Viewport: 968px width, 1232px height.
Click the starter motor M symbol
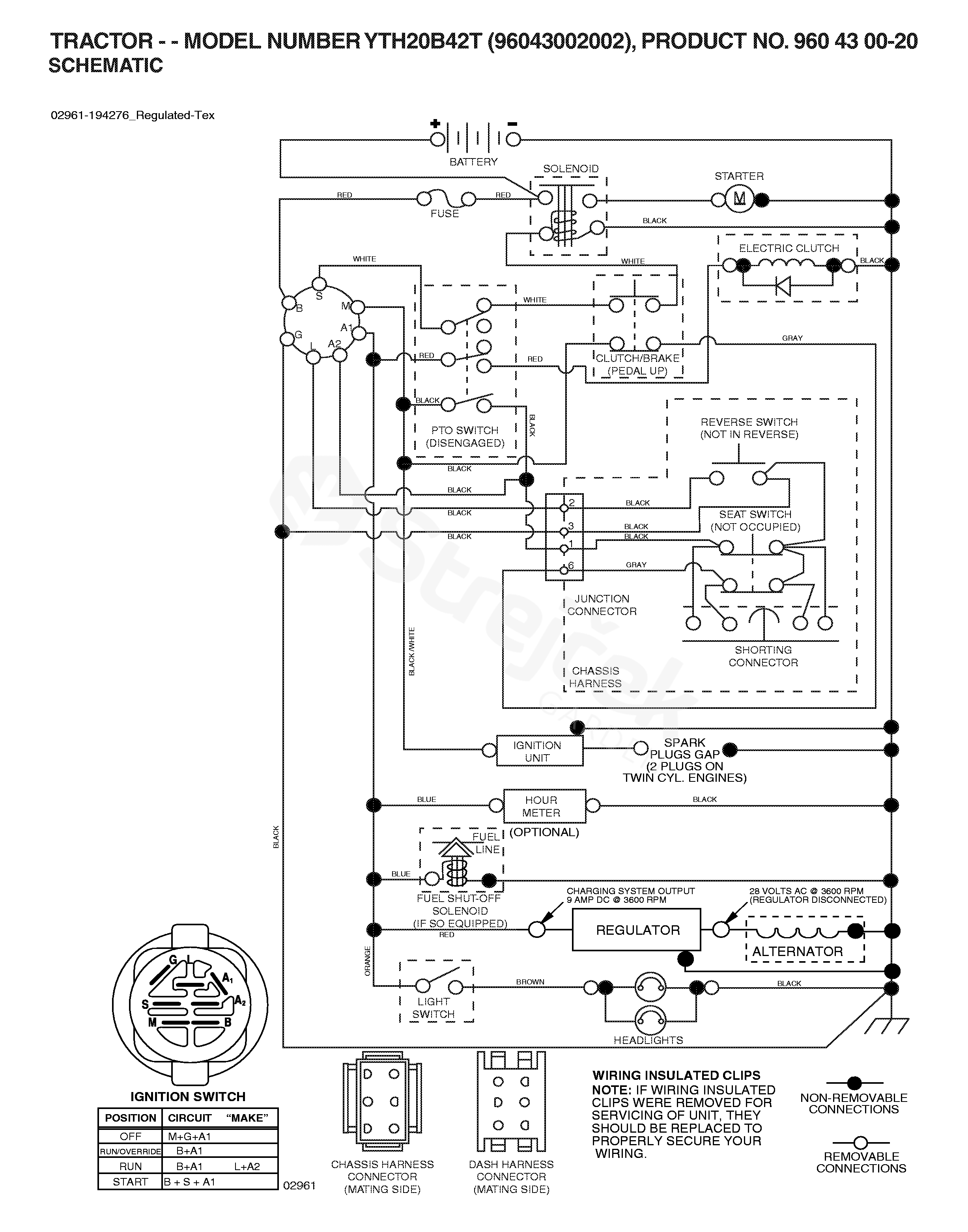739,199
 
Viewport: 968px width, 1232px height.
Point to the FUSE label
445,214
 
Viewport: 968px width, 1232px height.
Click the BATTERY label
473,162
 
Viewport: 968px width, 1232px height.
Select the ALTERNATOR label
798,952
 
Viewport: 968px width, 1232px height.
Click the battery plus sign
435,123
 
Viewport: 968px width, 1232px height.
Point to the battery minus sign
512,123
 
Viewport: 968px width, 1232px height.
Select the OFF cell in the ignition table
130,1136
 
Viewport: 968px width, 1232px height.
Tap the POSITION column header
130,1118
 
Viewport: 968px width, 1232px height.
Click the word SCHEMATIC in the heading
106,66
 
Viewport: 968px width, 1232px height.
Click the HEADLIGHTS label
648,1040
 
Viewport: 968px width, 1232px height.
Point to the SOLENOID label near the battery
571,169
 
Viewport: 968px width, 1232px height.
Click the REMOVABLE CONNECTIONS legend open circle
860,1143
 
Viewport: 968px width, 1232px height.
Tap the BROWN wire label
530,982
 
